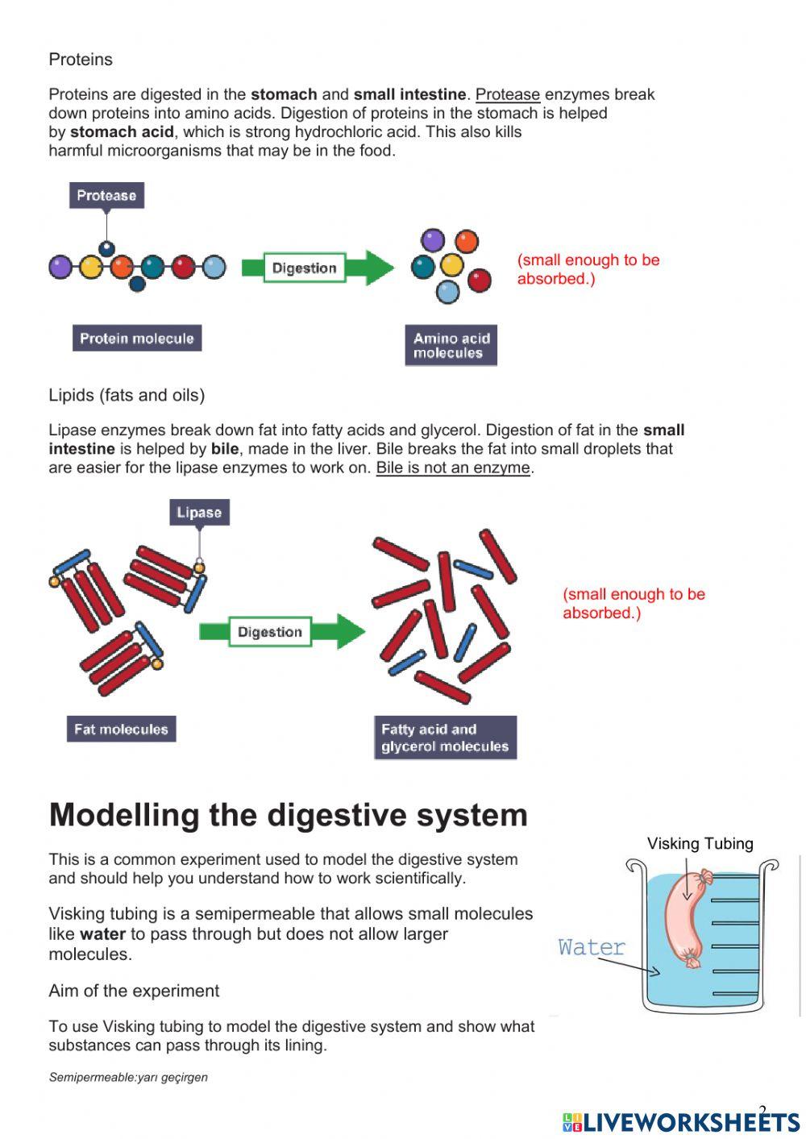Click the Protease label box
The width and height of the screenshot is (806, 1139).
106,195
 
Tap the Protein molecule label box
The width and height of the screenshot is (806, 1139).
136,339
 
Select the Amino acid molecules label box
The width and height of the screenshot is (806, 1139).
451,346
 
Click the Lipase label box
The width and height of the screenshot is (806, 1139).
199,513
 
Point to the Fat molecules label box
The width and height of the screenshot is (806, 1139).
121,730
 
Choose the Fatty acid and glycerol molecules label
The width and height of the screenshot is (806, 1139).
445,738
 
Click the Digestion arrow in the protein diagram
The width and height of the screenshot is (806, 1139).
318,268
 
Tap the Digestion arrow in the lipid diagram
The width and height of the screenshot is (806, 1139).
282,632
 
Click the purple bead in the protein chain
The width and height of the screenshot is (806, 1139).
60,267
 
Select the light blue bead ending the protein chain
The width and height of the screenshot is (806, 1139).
214,267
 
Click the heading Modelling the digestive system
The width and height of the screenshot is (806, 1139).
288,815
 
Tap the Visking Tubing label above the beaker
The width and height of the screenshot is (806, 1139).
700,843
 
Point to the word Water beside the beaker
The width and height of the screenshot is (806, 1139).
592,947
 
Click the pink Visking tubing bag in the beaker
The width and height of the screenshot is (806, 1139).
685,919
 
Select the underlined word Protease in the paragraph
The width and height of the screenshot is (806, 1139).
507,94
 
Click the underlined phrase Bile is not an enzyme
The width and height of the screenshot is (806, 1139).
453,468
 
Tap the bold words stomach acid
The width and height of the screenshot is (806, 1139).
122,132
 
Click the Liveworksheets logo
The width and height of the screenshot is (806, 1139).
681,1121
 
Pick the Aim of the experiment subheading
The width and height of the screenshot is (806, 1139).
134,991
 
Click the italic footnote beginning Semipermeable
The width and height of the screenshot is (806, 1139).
128,1077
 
